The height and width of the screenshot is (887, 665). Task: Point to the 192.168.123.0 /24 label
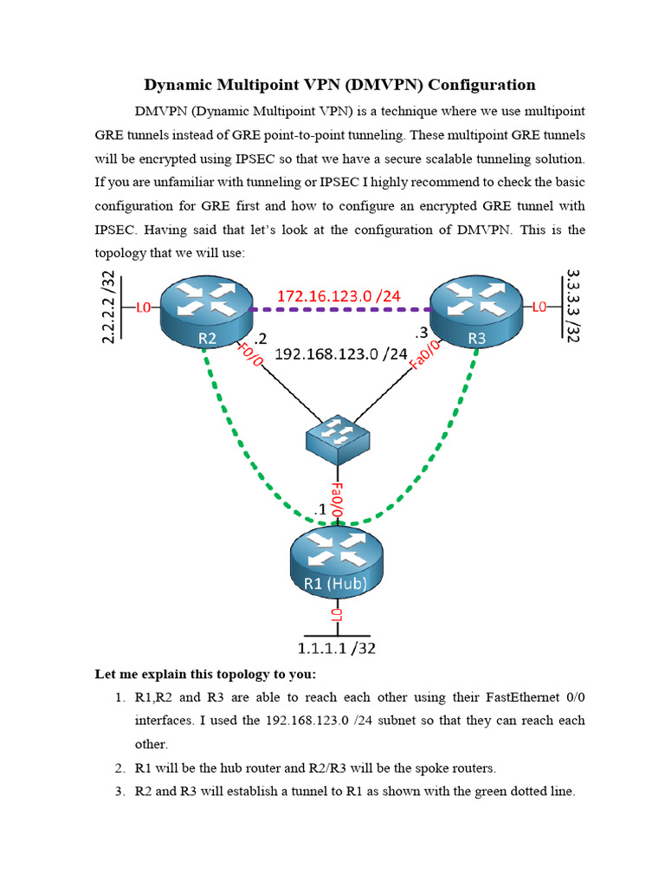340,353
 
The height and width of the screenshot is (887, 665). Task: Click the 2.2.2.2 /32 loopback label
108,308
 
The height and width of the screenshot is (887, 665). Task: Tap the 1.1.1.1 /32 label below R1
338,647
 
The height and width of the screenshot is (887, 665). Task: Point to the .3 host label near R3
421,333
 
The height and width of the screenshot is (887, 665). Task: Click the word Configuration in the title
481,85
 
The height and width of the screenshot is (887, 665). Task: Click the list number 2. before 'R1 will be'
120,768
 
